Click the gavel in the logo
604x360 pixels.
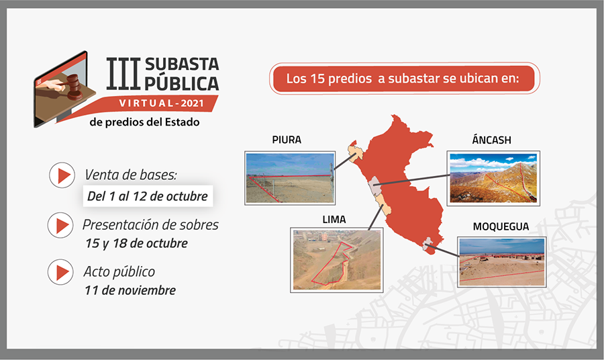[72, 87]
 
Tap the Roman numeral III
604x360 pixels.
[123, 74]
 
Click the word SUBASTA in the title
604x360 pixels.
[182, 64]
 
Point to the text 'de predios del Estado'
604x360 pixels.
[144, 122]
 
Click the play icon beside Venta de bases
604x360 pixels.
[62, 175]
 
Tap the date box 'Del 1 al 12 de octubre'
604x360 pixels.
[148, 196]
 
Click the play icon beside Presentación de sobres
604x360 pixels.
[60, 226]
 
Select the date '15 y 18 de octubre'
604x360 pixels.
[136, 244]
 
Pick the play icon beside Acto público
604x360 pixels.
[60, 272]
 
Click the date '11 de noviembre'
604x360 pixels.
[130, 290]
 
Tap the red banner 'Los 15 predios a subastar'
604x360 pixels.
[405, 79]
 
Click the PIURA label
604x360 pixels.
[287, 140]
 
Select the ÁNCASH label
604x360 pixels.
[491, 139]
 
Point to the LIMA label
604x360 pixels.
[334, 220]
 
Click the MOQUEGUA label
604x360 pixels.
[501, 226]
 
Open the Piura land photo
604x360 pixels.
[290, 178]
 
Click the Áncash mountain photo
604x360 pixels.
[493, 178]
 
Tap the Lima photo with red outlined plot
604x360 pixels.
[337, 260]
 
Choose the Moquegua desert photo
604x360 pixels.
[502, 262]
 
